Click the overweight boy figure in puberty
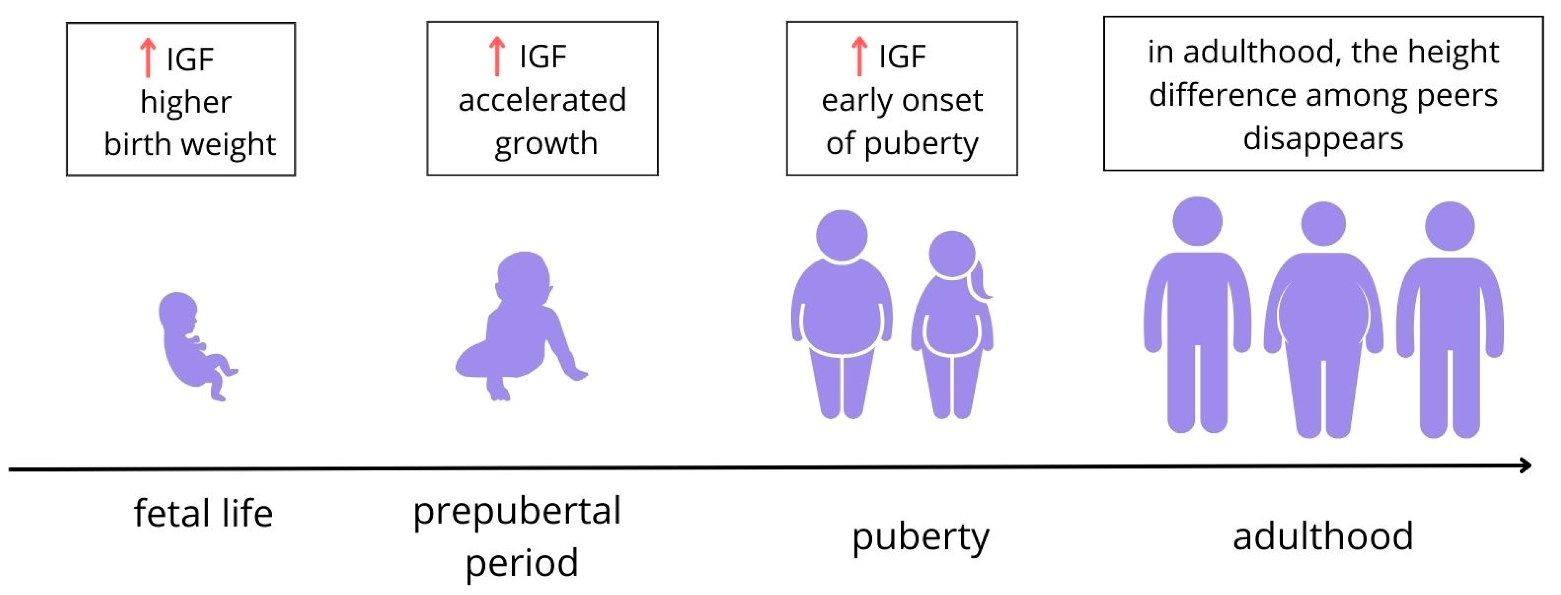tap(842, 315)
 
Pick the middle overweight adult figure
tap(1323, 321)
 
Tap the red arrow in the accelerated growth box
tap(497, 56)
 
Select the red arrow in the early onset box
tap(859, 56)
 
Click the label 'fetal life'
tap(203, 514)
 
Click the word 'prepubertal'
tap(517, 512)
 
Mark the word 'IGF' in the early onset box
tap(902, 57)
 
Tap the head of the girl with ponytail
tap(952, 254)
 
